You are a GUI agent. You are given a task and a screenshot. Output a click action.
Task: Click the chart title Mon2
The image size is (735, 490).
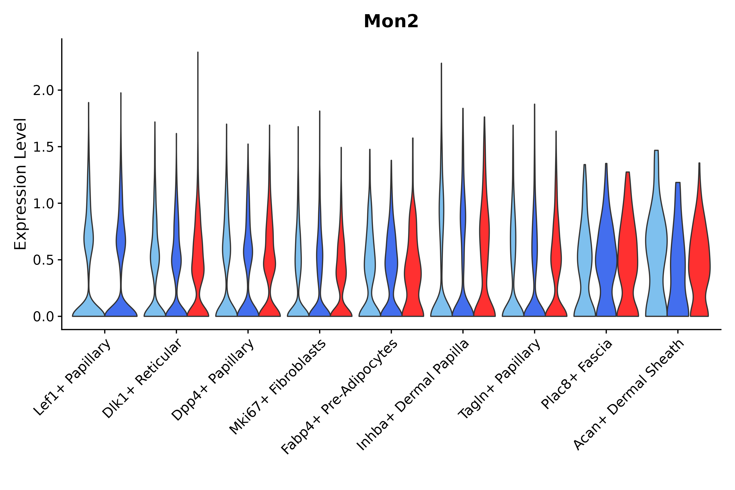tap(391, 22)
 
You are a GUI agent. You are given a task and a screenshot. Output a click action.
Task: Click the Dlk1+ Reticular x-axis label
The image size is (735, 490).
tap(142, 378)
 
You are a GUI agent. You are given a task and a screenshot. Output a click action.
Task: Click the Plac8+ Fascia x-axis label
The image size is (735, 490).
tap(577, 374)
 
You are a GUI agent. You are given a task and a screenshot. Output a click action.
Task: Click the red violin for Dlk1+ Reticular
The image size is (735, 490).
tap(198, 266)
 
